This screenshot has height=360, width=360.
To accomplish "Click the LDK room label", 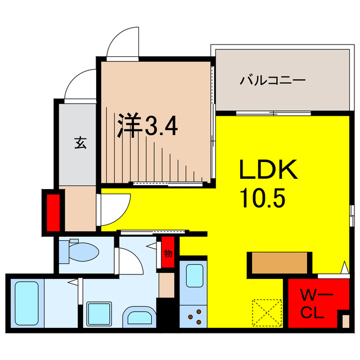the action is click(x=268, y=169).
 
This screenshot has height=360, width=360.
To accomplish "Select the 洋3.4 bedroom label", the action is click(x=147, y=125).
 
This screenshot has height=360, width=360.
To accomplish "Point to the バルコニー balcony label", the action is click(x=272, y=80).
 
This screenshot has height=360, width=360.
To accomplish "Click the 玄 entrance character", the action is click(x=80, y=142).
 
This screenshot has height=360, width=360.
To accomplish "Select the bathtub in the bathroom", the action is click(x=26, y=303).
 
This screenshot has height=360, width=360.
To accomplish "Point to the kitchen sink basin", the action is click(x=195, y=276).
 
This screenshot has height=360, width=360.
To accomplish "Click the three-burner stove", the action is click(x=193, y=316).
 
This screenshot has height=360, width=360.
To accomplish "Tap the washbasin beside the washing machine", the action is click(x=139, y=317).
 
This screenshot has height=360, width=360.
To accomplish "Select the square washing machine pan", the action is click(x=99, y=314).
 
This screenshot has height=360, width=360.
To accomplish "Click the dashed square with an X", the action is click(x=267, y=312).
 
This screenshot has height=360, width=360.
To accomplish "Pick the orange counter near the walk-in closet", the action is click(x=280, y=263).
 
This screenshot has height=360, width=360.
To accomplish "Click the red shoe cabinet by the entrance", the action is click(x=53, y=213).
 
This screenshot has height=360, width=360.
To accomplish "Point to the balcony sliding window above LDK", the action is click(x=273, y=113).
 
